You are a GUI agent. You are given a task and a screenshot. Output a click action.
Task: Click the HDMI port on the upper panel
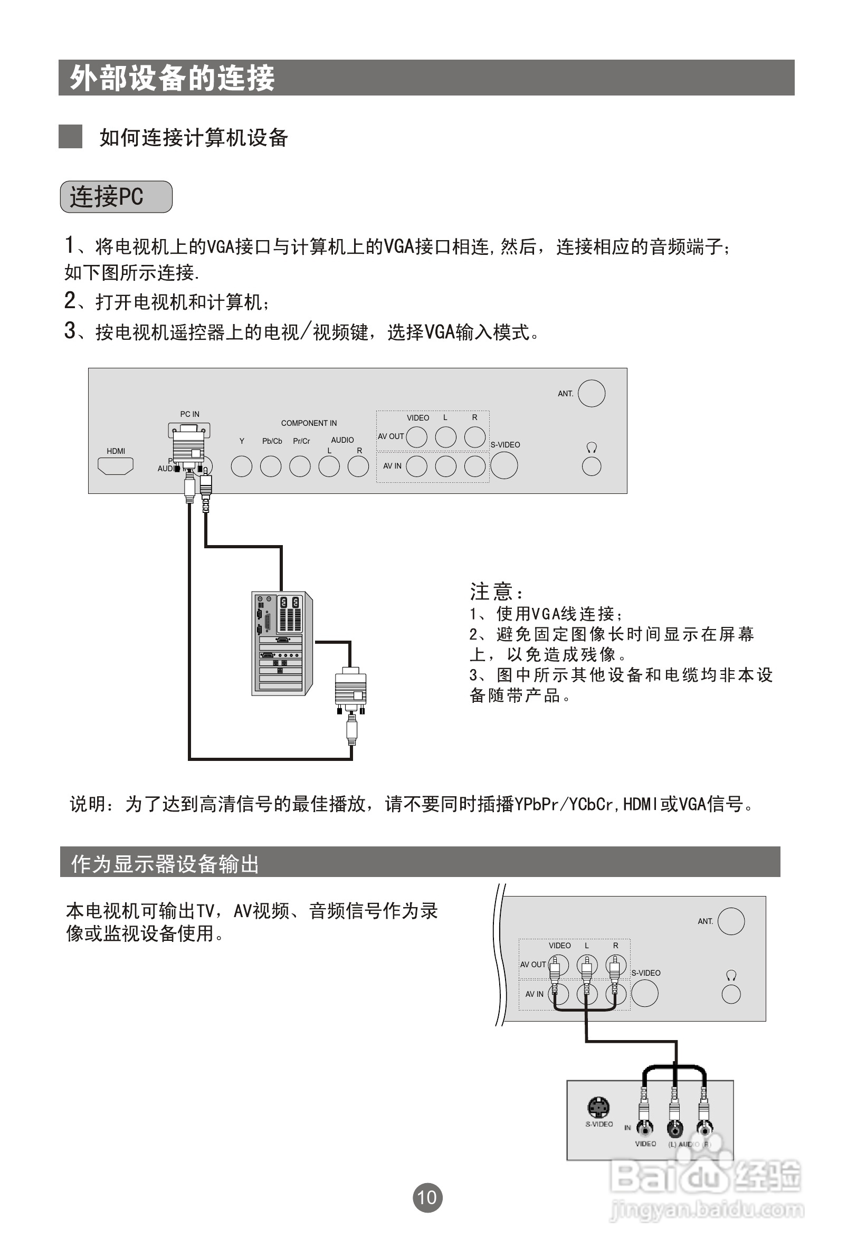[x=116, y=466]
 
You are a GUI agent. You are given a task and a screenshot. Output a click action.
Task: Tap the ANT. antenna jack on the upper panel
[x=591, y=394]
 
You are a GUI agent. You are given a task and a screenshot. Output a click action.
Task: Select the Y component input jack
[x=242, y=466]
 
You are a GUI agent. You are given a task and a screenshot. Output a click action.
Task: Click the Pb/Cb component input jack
[x=271, y=466]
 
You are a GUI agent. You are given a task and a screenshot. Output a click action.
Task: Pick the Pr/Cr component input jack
[x=300, y=466]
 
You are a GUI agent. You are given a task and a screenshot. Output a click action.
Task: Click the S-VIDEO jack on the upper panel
[x=504, y=465]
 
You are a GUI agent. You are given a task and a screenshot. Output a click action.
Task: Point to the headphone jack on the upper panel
[x=591, y=466]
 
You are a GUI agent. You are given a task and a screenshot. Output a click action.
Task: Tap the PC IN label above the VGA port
[x=189, y=414]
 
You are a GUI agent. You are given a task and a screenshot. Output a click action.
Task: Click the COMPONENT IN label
[x=309, y=423]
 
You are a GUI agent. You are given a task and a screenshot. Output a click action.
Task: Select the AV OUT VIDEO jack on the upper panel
[x=416, y=437]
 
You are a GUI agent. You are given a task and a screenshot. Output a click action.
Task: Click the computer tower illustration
[x=281, y=643]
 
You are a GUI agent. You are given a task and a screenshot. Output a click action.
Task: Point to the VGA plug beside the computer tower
[x=351, y=690]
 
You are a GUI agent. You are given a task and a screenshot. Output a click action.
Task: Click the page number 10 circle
[x=427, y=1197]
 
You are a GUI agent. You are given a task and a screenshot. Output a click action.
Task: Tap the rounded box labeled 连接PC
[x=116, y=196]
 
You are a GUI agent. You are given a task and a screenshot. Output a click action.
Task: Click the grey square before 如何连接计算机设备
[x=70, y=137]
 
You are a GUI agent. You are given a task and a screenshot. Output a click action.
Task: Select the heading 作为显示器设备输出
[x=165, y=864]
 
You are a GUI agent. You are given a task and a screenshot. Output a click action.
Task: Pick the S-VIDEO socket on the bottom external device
[x=598, y=1108]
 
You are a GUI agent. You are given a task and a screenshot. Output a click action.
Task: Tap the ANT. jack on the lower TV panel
[x=731, y=921]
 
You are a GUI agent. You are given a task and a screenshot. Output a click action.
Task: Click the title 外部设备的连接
[x=172, y=78]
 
